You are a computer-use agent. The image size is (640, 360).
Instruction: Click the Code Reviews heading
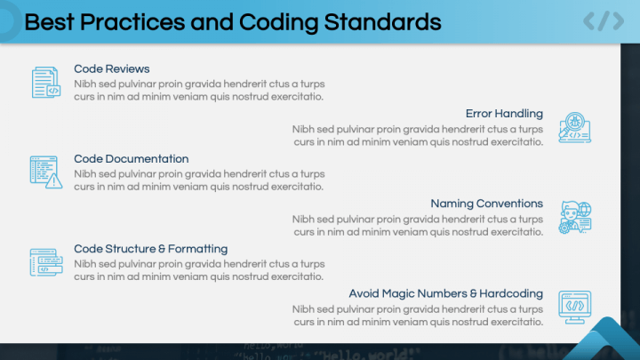coord(111,68)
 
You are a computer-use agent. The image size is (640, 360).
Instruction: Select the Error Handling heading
coord(504,114)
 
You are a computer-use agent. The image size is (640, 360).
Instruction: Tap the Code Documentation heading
coord(131,159)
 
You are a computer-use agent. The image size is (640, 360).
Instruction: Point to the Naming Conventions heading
coord(486,204)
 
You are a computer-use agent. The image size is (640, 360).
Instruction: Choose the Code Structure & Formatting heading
coord(150,249)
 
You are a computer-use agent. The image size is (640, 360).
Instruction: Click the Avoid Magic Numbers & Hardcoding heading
coord(445,293)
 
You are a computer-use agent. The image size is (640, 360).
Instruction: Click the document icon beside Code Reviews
coord(46,83)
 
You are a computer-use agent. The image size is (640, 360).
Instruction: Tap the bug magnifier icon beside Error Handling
coord(574,128)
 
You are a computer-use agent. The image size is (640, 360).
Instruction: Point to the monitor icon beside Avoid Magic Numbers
coord(574,307)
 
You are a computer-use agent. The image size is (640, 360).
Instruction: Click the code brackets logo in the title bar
coord(603,21)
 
